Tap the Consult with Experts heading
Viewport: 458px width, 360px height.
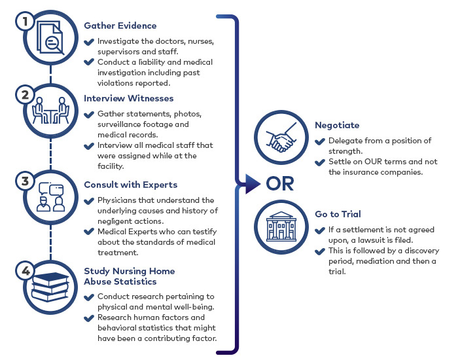click(x=131, y=185)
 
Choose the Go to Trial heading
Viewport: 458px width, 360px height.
click(x=337, y=214)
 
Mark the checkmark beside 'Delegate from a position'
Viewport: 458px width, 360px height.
click(x=320, y=141)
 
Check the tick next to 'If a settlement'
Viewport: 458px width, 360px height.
click(x=320, y=230)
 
